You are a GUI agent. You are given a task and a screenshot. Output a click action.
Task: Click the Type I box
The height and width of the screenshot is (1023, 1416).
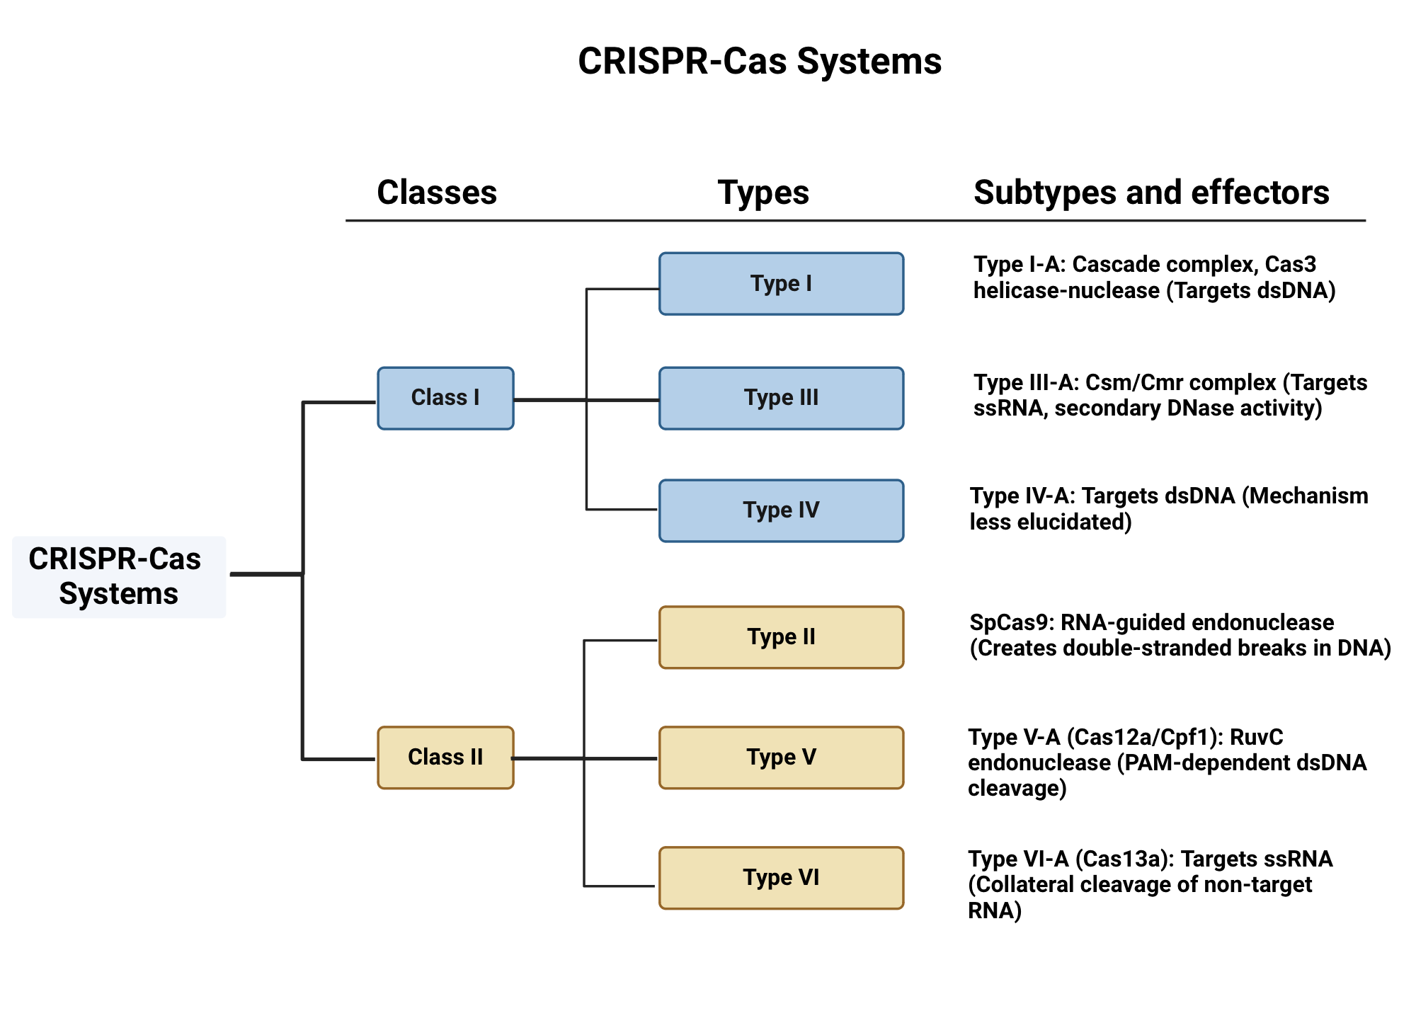click(781, 284)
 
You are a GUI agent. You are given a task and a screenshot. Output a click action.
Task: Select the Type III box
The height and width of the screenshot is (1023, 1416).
click(781, 398)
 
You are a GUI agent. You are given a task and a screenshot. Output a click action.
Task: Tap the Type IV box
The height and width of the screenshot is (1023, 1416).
click(781, 510)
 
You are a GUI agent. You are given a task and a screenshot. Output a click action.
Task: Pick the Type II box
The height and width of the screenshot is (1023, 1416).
click(781, 637)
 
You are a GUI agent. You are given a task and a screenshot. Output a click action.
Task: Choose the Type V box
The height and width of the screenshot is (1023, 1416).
click(781, 758)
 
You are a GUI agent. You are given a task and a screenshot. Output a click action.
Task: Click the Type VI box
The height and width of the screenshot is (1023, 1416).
click(781, 878)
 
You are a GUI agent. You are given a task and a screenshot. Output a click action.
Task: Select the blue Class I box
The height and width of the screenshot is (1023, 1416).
click(445, 398)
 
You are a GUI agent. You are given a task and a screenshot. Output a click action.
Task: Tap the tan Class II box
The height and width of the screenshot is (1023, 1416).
click(445, 758)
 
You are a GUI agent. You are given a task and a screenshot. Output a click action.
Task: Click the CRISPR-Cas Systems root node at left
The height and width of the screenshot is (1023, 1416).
click(118, 576)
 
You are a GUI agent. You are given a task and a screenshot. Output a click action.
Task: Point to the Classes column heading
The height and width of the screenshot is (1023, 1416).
click(437, 193)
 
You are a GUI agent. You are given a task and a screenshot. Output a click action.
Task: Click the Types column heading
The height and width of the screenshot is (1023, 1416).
click(763, 193)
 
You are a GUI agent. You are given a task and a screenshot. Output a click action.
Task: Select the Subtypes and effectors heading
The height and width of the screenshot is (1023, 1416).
click(1151, 193)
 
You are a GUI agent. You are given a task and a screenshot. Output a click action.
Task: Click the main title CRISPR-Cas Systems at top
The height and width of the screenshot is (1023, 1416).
click(760, 61)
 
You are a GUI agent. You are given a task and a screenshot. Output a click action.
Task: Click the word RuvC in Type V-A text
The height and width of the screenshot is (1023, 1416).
click(1257, 737)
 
